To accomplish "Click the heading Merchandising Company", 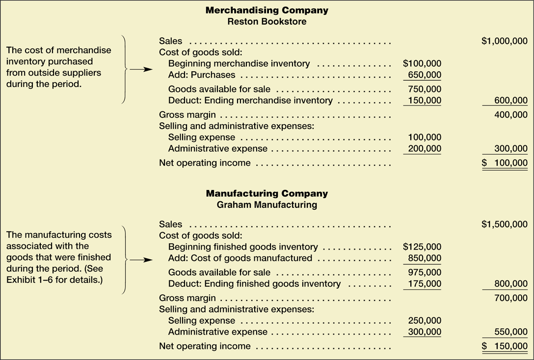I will coord(267,10).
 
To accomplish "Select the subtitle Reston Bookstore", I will coord(267,22).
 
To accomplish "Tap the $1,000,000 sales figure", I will coord(505,41).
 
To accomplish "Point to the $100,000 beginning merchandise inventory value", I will coord(422,63).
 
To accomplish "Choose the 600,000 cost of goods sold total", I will coord(511,101).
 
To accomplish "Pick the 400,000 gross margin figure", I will coord(511,115).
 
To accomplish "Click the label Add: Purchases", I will coord(202,75).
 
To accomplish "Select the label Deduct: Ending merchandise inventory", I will coord(250,101).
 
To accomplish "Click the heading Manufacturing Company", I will coord(267,194).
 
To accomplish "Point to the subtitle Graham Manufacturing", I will coord(267,205).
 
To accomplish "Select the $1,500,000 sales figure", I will coord(505,224).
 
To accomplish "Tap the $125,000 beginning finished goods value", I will coord(422,247).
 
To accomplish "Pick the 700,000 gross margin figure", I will coord(511,298).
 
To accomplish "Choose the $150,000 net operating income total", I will coord(505,346).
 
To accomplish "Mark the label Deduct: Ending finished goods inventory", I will coord(254,284).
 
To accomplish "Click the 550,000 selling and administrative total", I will coord(511,332).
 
